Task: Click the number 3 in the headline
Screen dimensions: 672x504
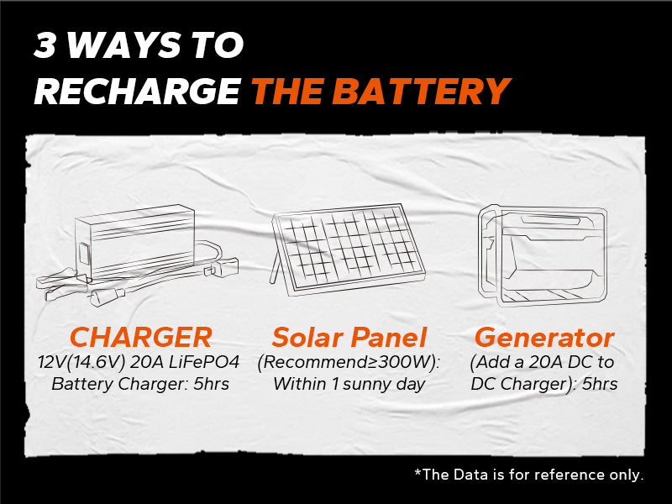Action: point(45,45)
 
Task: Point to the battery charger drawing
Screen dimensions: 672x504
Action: point(137,255)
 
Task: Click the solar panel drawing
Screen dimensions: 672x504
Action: point(347,249)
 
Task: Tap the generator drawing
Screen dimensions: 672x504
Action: point(543,256)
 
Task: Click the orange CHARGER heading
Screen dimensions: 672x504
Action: point(140,338)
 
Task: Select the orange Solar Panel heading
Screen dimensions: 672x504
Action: point(349,338)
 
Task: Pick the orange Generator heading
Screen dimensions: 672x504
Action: point(544,338)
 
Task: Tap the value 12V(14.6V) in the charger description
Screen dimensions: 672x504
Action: point(81,363)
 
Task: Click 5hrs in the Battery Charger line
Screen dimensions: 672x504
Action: point(211,384)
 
